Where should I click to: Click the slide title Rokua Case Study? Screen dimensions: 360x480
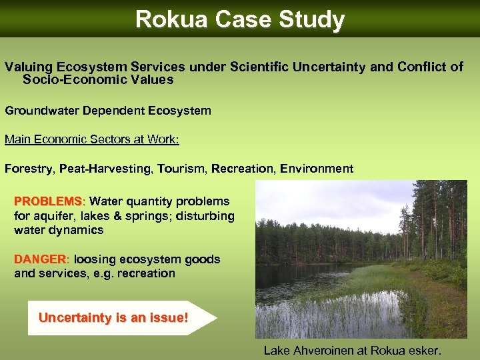coord(239,19)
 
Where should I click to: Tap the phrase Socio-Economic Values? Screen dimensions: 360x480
coord(98,80)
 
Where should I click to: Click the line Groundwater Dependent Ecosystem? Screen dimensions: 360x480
coord(108,111)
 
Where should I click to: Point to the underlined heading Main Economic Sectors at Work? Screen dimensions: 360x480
coord(92,139)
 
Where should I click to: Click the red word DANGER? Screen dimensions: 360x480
coord(41,259)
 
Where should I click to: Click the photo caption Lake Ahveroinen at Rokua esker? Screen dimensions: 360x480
coord(353,350)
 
